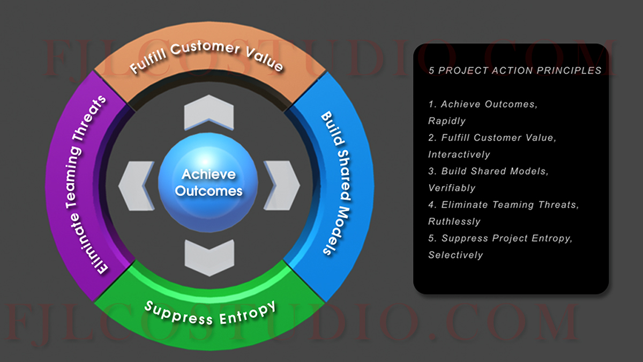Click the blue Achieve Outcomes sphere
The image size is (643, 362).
click(x=208, y=182)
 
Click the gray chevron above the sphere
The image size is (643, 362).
click(x=209, y=113)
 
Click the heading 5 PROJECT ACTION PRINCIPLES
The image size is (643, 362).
click(x=515, y=70)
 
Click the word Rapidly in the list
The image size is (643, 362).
click(x=447, y=121)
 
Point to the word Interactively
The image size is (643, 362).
click(x=459, y=154)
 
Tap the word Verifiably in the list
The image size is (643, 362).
click(x=452, y=188)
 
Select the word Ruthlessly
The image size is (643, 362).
click(x=454, y=221)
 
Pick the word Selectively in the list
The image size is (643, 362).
click(x=455, y=255)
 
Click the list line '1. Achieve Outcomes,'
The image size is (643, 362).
click(x=483, y=104)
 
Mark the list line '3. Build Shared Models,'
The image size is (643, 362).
click(x=489, y=171)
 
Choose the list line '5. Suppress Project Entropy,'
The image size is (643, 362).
click(x=500, y=238)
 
